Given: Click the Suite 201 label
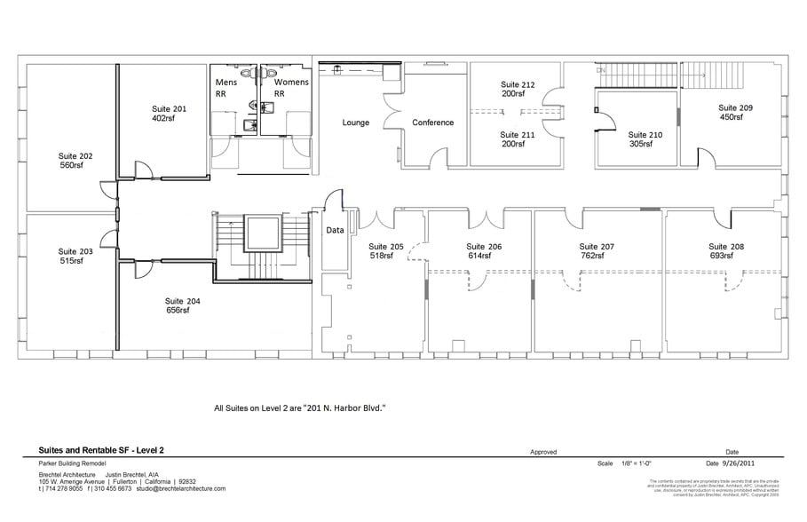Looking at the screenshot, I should coord(169,108).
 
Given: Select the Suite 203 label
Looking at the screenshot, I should coord(75,251).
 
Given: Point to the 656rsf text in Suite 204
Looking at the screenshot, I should coord(178,311).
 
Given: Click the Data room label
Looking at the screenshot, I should coord(335,230).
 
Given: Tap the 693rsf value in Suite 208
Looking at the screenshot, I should coord(721,256).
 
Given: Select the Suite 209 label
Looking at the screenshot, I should coord(735,107).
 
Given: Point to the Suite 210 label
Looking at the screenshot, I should coord(645,135).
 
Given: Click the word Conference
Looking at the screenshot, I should coord(433,123).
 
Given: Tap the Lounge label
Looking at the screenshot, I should coord(356,123).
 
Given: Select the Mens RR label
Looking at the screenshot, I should coord(225,83).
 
